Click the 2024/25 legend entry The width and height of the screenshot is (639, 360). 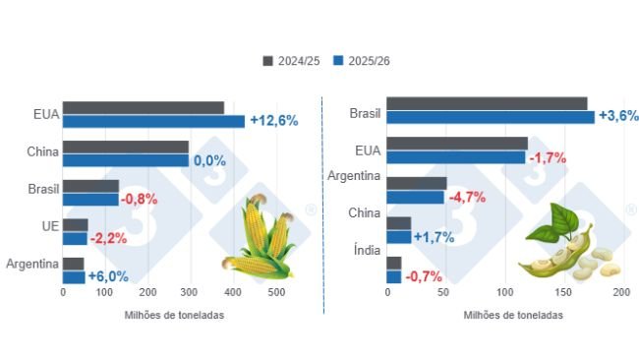coord(290,61)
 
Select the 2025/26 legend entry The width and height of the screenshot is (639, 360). coord(361,61)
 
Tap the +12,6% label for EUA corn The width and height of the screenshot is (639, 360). coord(273,121)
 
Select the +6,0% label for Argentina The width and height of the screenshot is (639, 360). coord(108,276)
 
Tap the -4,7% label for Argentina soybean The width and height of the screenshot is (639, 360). coord(467,197)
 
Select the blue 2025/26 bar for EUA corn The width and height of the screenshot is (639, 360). coord(153,122)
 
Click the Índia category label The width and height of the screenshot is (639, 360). coord(366,250)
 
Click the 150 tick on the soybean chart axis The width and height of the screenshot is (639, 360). coord(563,292)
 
